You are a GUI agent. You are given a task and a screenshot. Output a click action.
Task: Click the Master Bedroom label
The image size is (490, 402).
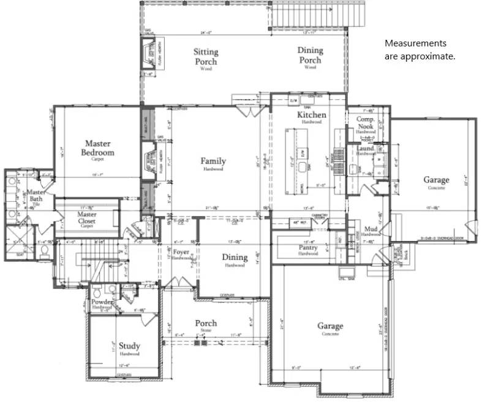[100, 148]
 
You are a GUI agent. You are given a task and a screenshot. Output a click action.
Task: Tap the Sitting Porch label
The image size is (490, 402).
[206, 57]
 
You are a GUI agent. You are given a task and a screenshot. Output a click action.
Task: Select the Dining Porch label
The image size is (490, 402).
[310, 55]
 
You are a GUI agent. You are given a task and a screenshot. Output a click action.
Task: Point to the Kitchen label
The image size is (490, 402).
[312, 115]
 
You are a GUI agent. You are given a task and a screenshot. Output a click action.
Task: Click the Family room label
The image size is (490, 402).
[213, 162]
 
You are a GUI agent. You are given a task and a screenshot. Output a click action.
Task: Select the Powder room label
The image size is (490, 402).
[102, 302]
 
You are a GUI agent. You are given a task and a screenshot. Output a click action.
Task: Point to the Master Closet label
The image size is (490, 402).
[87, 218]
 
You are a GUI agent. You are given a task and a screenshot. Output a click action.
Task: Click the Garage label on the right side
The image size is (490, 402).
[435, 180]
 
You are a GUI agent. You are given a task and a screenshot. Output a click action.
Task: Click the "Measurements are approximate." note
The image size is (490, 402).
[420, 50]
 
